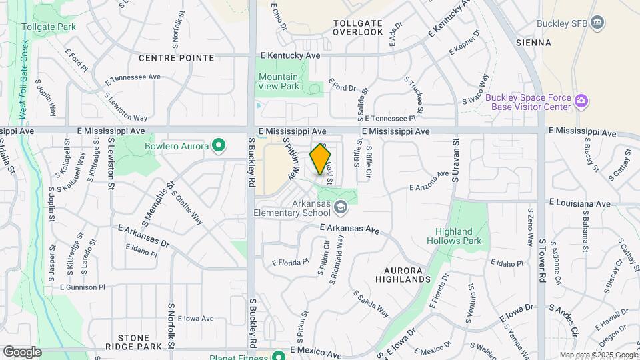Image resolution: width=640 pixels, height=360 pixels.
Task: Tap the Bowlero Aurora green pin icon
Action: (x=218, y=145)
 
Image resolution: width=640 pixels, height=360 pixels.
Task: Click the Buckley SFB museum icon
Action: (x=598, y=23)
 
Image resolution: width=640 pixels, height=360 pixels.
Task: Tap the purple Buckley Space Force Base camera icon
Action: (x=582, y=102)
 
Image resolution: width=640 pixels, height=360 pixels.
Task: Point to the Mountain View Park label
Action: (x=279, y=81)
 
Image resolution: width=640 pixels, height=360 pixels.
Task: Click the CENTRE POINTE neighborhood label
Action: (x=176, y=58)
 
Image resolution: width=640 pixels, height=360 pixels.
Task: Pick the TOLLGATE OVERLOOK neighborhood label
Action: (x=358, y=27)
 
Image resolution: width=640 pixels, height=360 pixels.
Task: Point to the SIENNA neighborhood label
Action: (x=533, y=43)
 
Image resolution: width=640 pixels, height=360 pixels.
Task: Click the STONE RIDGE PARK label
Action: (x=139, y=342)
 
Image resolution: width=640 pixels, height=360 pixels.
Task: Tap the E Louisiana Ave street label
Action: (x=579, y=202)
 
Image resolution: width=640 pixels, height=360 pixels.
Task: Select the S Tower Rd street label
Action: (x=543, y=261)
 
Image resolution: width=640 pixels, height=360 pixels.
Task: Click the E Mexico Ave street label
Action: (x=316, y=350)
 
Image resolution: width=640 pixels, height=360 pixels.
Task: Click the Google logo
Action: (x=22, y=352)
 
